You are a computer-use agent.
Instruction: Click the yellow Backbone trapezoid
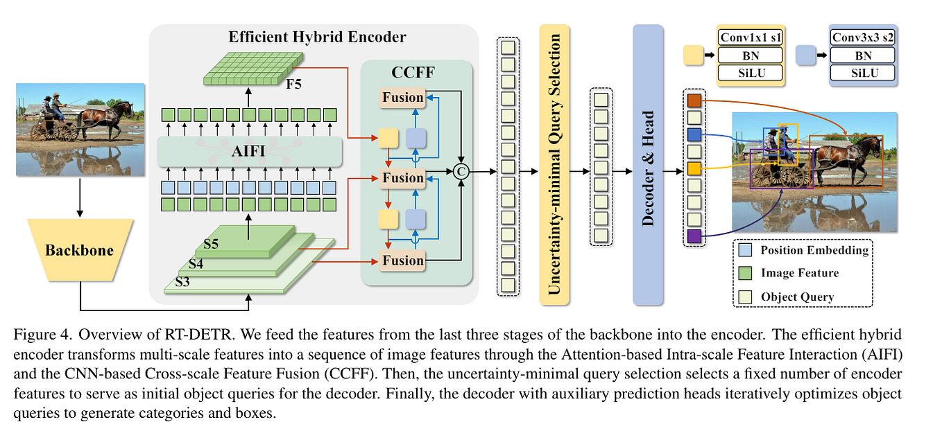click(79, 250)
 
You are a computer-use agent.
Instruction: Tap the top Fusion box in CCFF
click(402, 98)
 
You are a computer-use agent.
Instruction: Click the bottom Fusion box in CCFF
click(402, 261)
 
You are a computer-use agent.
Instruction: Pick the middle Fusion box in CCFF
click(402, 178)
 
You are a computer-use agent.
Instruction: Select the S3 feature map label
click(182, 282)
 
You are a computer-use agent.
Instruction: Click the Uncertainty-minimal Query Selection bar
click(554, 164)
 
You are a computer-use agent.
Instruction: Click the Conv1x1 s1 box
click(750, 37)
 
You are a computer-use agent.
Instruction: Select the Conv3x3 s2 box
click(862, 37)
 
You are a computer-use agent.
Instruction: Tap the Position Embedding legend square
click(745, 250)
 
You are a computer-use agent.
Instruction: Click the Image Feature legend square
click(745, 273)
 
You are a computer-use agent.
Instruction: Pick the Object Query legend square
click(745, 297)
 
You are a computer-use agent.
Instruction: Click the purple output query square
click(694, 236)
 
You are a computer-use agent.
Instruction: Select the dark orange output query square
click(694, 101)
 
